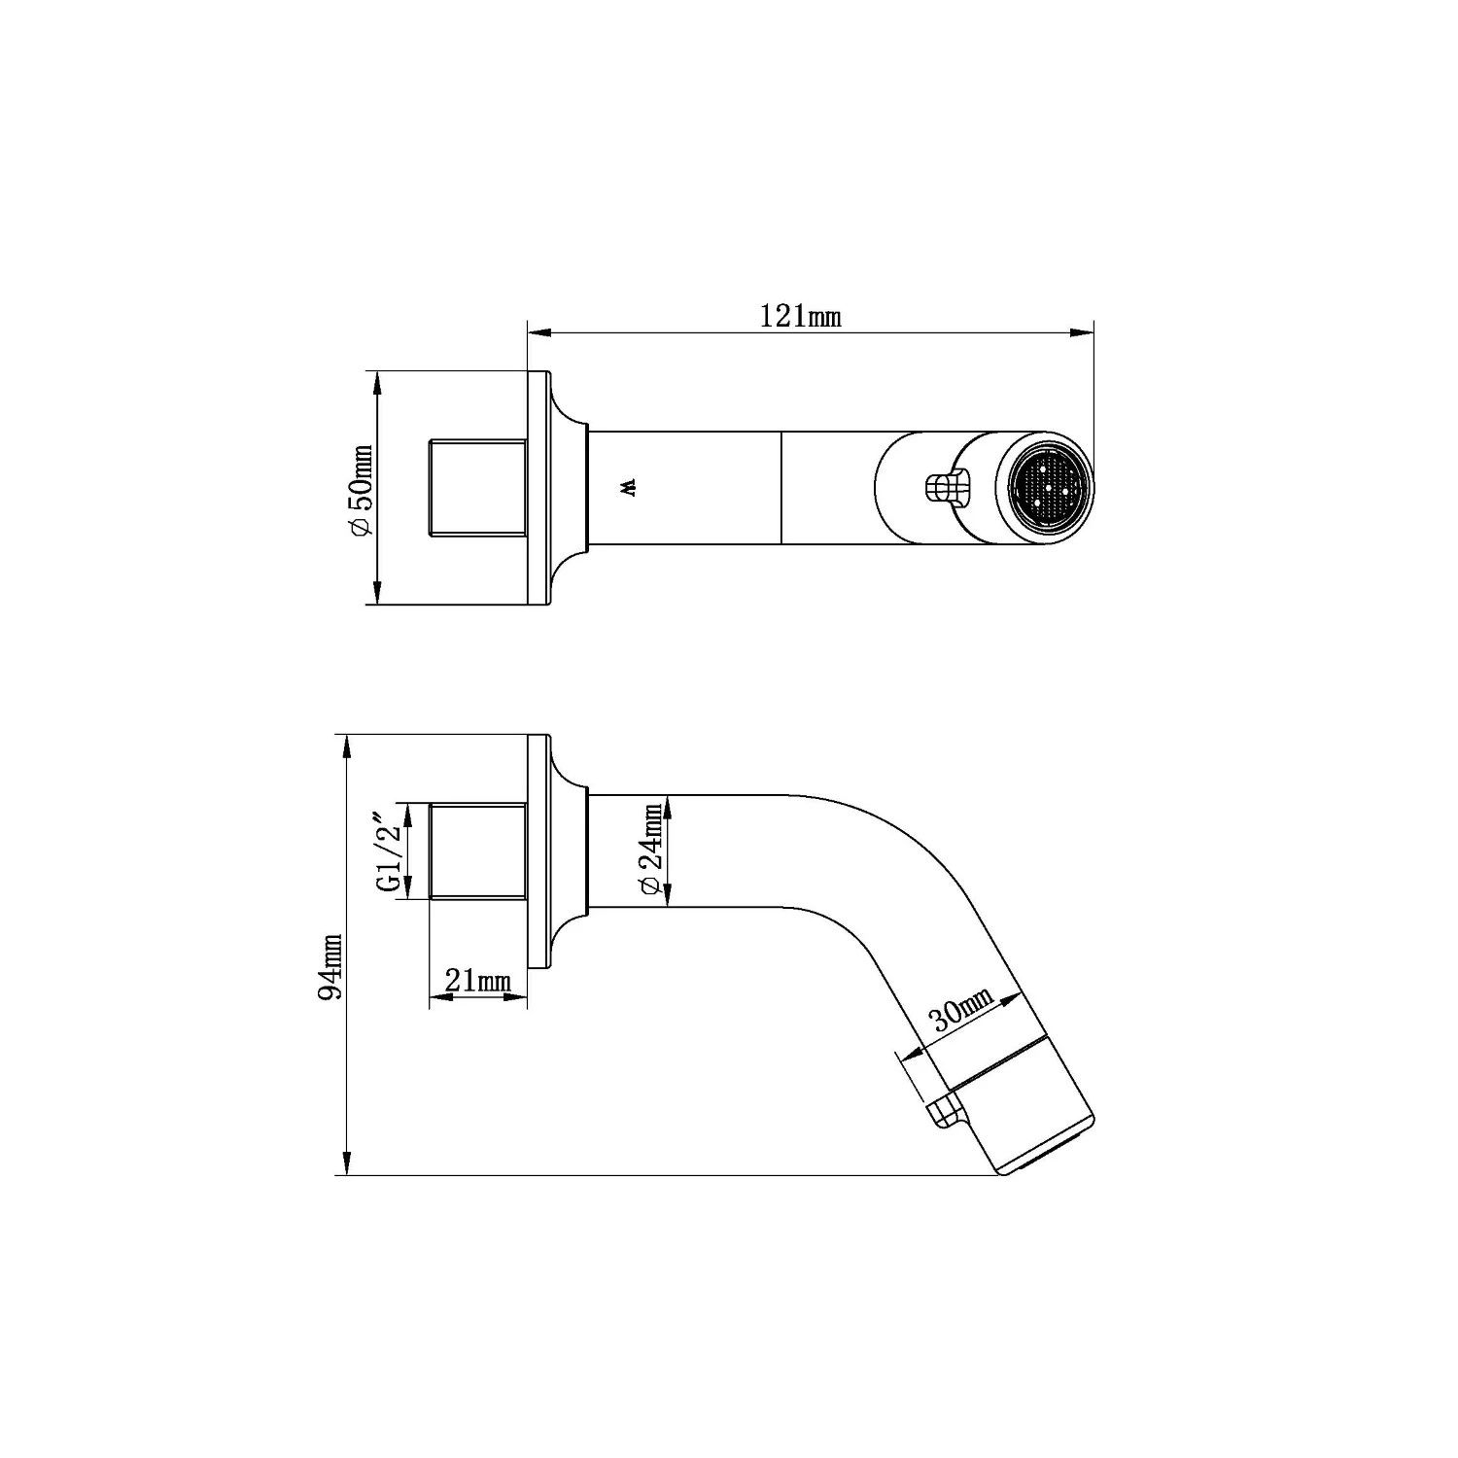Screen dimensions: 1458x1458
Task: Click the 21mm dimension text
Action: [x=477, y=981]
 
